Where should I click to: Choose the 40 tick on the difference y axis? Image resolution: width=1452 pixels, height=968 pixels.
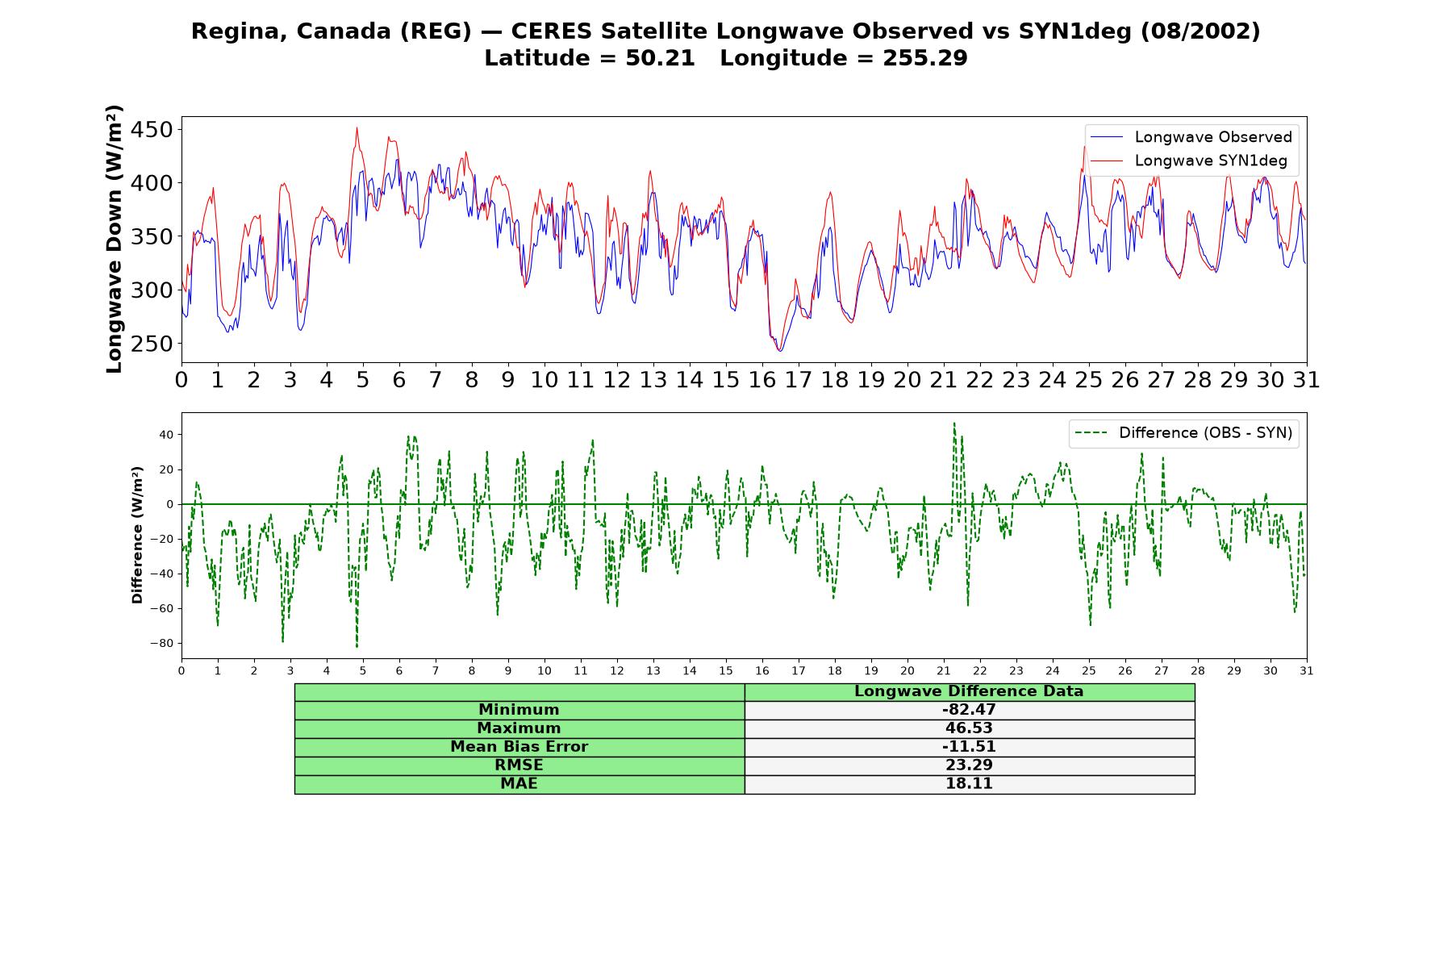pos(166,435)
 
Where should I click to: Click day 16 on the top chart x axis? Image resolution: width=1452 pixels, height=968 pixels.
pos(761,380)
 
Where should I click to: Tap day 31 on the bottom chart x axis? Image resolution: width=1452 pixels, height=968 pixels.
pos(1306,670)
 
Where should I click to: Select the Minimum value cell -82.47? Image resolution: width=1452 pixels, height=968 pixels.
pos(969,710)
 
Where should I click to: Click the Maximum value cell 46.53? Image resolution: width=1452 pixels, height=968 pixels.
pos(969,728)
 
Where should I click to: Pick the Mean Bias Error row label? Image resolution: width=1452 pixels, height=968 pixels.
pos(519,747)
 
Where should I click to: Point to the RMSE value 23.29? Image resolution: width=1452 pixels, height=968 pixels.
pos(969,766)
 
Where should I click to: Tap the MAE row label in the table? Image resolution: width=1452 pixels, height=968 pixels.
pos(519,784)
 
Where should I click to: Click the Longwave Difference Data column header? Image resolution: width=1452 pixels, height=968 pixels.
pos(969,691)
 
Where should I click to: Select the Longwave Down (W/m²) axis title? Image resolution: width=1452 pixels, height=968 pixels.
pos(115,239)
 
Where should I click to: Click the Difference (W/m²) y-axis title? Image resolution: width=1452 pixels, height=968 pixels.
pos(137,535)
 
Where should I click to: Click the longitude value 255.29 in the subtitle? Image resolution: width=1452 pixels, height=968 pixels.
pos(925,58)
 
